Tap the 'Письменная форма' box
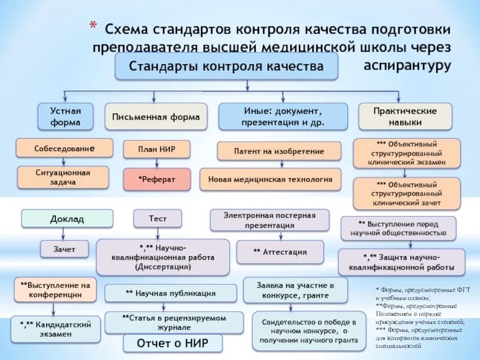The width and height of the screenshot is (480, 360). [156, 117]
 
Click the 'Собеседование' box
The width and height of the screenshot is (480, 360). [65, 148]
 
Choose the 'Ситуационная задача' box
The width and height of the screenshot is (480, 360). [63, 178]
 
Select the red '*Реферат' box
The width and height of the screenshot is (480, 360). [157, 179]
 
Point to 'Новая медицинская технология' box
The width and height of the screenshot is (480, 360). [270, 179]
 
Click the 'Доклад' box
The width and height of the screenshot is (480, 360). [67, 219]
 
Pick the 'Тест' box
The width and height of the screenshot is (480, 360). [158, 219]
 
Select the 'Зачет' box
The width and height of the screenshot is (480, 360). [65, 249]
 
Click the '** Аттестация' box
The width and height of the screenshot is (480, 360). [280, 252]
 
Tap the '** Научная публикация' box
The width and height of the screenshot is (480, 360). [170, 293]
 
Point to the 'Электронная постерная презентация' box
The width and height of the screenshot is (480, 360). [269, 220]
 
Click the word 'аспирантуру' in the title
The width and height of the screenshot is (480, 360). [407, 65]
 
